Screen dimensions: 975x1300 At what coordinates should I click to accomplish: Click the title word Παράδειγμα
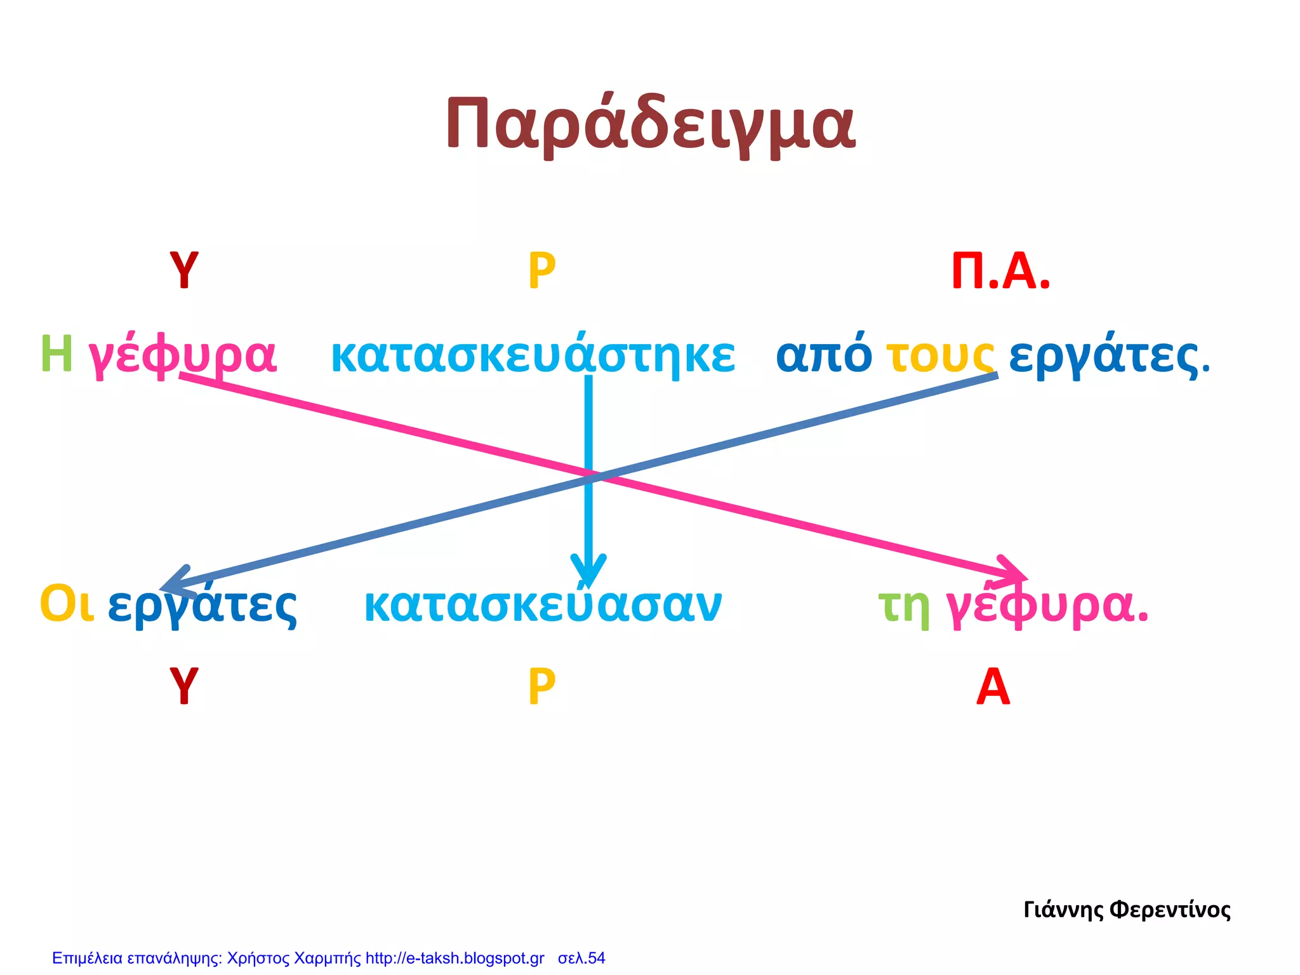[x=650, y=124]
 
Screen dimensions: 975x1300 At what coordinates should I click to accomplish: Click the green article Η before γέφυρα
[x=56, y=354]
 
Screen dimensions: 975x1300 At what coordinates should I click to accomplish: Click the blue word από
[x=824, y=354]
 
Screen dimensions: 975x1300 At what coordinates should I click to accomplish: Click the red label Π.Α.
[x=1000, y=272]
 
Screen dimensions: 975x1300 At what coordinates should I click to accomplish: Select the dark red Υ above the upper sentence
[x=184, y=270]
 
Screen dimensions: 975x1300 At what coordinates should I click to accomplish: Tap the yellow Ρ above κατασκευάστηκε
[x=541, y=271]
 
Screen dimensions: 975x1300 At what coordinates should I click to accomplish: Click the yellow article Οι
[x=67, y=604]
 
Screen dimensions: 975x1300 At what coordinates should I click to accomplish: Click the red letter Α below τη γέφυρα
[x=993, y=687]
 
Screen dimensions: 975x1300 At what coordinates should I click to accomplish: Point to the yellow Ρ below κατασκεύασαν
[x=541, y=687]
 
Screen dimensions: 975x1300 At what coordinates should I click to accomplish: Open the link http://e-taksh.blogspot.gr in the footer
[x=454, y=958]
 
